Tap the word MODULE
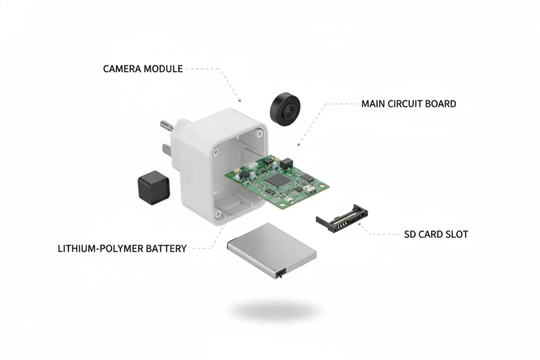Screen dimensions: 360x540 point(163,69)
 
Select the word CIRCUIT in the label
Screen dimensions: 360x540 point(409,103)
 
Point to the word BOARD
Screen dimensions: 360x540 point(441,103)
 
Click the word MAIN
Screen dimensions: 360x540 point(373,103)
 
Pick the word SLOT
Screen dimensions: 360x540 point(456,234)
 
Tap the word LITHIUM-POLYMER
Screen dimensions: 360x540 point(100,248)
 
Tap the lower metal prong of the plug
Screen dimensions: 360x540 point(167,149)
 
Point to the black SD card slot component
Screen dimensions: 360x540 point(341,216)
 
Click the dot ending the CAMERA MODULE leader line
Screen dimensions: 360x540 point(240,100)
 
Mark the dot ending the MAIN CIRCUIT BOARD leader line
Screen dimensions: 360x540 point(299,143)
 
